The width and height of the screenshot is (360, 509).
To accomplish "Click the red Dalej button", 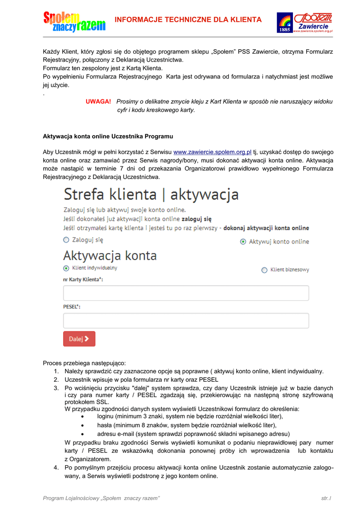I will (79, 339).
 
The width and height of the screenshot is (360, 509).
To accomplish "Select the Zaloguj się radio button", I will (66, 240).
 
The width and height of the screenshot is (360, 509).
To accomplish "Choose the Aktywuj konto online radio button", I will (243, 242).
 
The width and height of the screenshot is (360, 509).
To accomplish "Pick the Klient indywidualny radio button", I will (66, 268).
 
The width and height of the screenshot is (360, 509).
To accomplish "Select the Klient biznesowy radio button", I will (264, 270).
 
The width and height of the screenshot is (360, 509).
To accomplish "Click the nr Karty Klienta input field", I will (186, 293).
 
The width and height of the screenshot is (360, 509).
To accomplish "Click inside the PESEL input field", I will (186, 321).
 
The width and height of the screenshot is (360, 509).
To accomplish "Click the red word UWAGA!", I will (98, 101).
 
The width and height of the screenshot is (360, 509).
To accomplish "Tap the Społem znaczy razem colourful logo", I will (75, 21).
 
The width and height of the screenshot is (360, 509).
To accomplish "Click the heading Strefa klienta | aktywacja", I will (151, 194).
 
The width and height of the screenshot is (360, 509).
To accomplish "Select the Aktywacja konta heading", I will (110, 256).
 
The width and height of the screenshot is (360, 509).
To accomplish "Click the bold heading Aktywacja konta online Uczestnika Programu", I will (108, 136).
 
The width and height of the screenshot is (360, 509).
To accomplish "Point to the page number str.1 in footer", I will (326, 498).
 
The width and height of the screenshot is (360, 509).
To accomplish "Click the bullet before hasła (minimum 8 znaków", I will (82, 425).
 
